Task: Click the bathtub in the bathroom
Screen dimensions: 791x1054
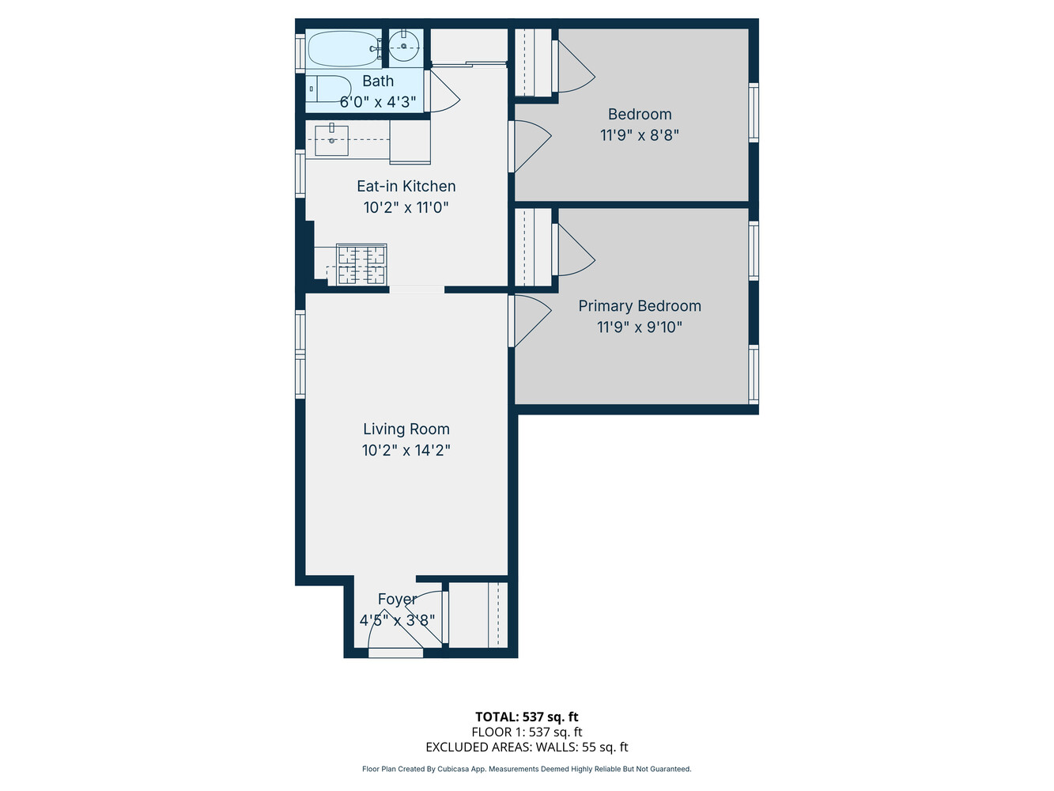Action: coord(342,49)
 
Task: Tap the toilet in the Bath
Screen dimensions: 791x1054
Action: coord(327,89)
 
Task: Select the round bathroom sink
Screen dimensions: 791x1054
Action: coord(404,47)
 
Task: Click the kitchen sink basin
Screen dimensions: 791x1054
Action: coord(331,141)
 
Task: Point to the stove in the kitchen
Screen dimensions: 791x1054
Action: coord(361,264)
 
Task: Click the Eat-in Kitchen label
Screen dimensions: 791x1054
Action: coord(406,186)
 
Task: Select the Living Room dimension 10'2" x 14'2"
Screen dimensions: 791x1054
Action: coord(406,450)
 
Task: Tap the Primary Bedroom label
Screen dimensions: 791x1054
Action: coord(640,306)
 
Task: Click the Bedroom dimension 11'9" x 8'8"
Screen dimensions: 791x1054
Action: coord(640,135)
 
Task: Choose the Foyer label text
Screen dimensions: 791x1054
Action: coord(397,600)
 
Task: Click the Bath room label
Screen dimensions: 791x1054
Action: coord(378,81)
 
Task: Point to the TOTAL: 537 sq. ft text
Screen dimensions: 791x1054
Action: coord(527,717)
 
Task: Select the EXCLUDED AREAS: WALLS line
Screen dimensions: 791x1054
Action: coord(527,747)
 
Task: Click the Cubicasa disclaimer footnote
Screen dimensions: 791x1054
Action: coord(527,769)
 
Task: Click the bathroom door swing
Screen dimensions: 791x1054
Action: coord(443,92)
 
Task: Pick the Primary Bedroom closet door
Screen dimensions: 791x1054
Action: coord(573,250)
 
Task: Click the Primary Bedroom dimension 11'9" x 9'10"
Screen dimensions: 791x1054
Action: coord(640,327)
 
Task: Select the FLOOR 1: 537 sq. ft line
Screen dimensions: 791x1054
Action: coord(527,732)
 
